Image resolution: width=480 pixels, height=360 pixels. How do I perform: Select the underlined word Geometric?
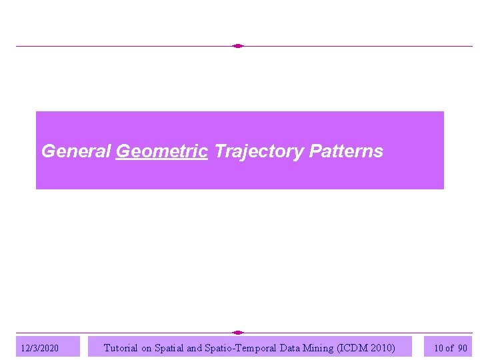point(162,151)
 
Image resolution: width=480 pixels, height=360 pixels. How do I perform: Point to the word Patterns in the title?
point(346,151)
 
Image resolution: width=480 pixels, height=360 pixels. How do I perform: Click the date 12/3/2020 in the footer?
point(40,348)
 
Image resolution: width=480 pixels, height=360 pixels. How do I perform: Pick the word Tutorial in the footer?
point(121,347)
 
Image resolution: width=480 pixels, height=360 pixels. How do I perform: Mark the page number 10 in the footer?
point(438,348)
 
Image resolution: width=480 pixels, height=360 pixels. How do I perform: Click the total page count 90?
point(462,348)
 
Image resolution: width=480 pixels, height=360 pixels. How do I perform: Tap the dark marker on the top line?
point(238,46)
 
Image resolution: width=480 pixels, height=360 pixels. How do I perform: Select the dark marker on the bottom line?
point(238,332)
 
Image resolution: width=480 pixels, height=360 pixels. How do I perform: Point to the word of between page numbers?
point(449,348)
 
